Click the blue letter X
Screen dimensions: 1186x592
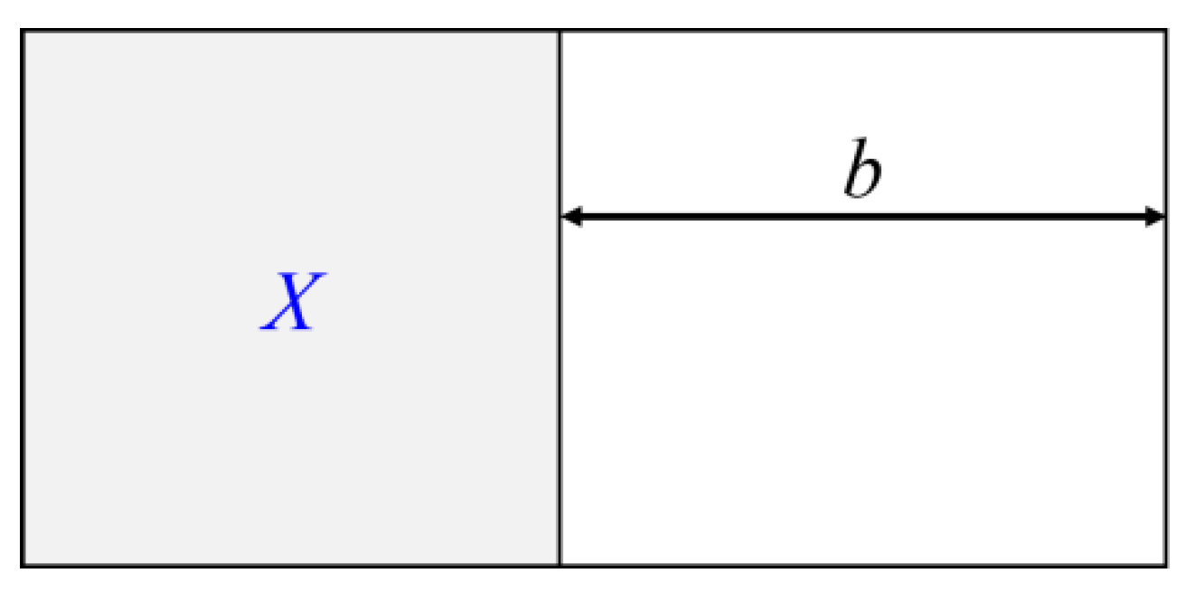(x=290, y=303)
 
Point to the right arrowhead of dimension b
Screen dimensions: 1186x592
(x=1154, y=216)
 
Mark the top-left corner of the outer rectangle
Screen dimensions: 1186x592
(x=23, y=32)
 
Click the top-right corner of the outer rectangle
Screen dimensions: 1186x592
(x=1164, y=32)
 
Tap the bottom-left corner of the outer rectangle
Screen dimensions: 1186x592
(x=23, y=565)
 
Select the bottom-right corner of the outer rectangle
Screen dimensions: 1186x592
(x=1164, y=565)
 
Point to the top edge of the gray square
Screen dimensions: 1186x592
(x=289, y=32)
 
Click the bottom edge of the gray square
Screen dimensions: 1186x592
(x=289, y=565)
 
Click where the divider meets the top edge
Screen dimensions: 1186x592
(x=560, y=32)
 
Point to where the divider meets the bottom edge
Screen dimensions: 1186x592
(x=560, y=565)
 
